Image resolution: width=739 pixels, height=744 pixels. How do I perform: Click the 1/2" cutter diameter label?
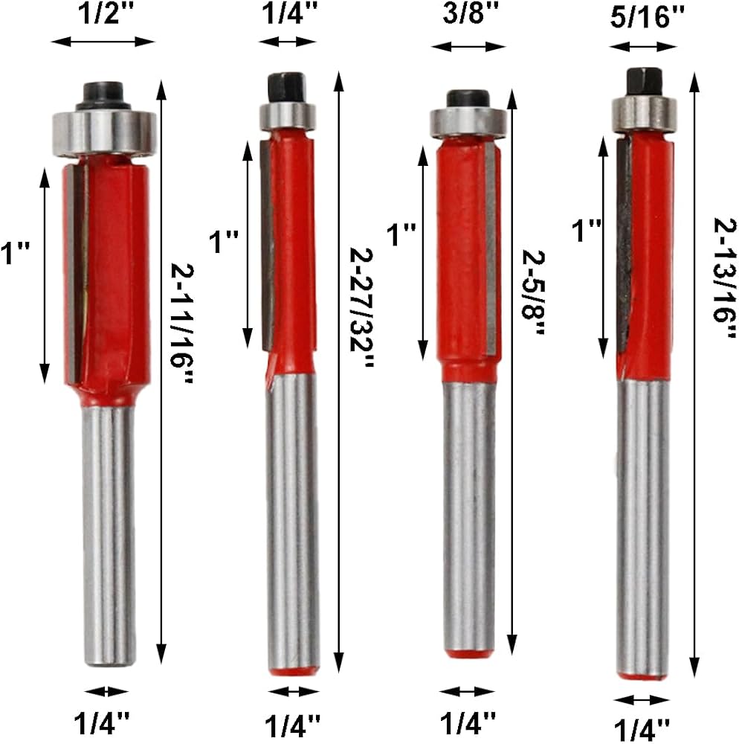(x=106, y=13)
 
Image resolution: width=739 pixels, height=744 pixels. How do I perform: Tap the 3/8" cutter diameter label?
(x=471, y=13)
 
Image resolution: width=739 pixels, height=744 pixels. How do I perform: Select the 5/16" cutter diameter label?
(x=647, y=19)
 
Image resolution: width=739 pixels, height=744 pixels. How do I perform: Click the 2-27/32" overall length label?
(x=361, y=307)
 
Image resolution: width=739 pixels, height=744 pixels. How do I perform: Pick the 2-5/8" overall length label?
(x=533, y=292)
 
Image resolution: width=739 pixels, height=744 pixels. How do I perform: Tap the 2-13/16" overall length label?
(x=726, y=278)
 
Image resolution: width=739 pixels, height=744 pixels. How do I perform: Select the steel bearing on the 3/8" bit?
(x=468, y=122)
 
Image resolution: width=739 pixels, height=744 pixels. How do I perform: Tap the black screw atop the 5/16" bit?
(x=644, y=82)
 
